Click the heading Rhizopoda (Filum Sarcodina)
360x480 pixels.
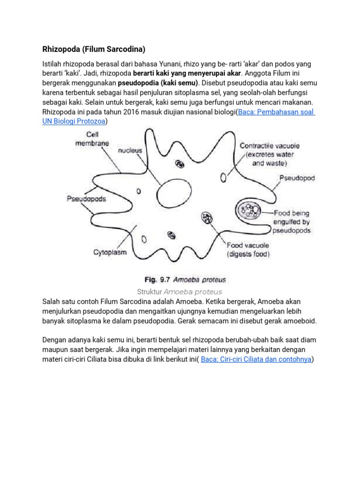point(94,48)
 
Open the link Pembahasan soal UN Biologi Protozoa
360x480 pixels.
point(277,112)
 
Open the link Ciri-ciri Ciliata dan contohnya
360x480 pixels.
point(256,360)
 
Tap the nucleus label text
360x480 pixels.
point(130,151)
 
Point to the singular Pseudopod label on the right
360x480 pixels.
point(297,178)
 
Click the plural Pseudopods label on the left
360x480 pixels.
point(86,199)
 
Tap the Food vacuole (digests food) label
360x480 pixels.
point(248,250)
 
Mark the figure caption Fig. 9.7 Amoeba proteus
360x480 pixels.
point(185,280)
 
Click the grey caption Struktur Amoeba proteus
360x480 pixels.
point(180,292)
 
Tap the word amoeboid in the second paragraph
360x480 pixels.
point(300,321)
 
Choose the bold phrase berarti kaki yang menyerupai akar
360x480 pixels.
point(187,73)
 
